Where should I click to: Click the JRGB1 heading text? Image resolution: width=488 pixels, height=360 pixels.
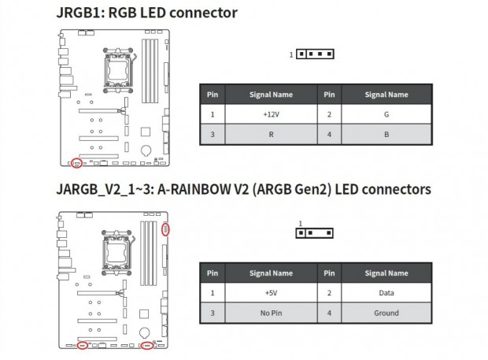146,13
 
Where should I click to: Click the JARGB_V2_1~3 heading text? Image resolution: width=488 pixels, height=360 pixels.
243,189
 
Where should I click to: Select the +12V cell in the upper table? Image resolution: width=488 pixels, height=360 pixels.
270,113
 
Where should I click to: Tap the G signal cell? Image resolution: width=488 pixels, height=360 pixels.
386,113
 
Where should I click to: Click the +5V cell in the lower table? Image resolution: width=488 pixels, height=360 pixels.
270,293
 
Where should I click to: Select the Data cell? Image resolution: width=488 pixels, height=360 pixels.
386,293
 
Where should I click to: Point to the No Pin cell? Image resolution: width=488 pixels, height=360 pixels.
270,313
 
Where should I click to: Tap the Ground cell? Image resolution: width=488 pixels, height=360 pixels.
386,313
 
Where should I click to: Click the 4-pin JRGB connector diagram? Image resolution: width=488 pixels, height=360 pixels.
315,54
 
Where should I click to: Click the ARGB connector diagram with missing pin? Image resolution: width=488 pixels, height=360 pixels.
315,233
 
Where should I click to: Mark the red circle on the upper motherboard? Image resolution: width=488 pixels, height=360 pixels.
76,164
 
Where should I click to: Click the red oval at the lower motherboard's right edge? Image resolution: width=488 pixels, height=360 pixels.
165,230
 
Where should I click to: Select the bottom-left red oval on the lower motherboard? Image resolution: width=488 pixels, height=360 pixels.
82,346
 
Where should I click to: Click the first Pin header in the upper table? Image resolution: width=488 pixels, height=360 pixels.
212,95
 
